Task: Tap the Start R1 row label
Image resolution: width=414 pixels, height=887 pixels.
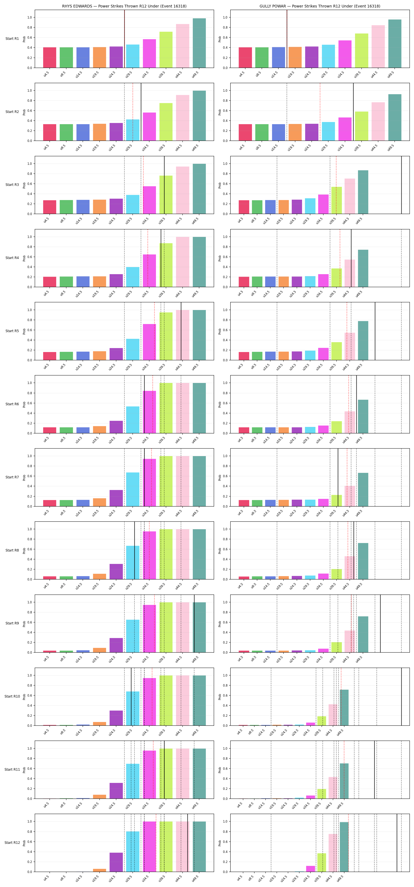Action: coord(12,39)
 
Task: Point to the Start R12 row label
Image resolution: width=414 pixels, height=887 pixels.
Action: coord(12,843)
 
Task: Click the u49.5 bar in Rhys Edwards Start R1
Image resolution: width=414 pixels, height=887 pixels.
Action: coord(199,43)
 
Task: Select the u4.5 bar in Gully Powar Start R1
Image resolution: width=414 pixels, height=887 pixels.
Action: coord(245,58)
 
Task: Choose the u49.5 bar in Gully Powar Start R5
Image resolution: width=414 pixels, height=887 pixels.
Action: coord(363,341)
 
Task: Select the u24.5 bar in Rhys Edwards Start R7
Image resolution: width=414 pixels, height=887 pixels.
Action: coord(116,498)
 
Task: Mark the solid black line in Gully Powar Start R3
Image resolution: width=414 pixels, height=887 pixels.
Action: coord(401,185)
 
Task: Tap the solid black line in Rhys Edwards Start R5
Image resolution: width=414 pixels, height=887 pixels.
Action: coord(181,331)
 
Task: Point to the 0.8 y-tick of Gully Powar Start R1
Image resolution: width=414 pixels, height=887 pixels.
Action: coord(225,28)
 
